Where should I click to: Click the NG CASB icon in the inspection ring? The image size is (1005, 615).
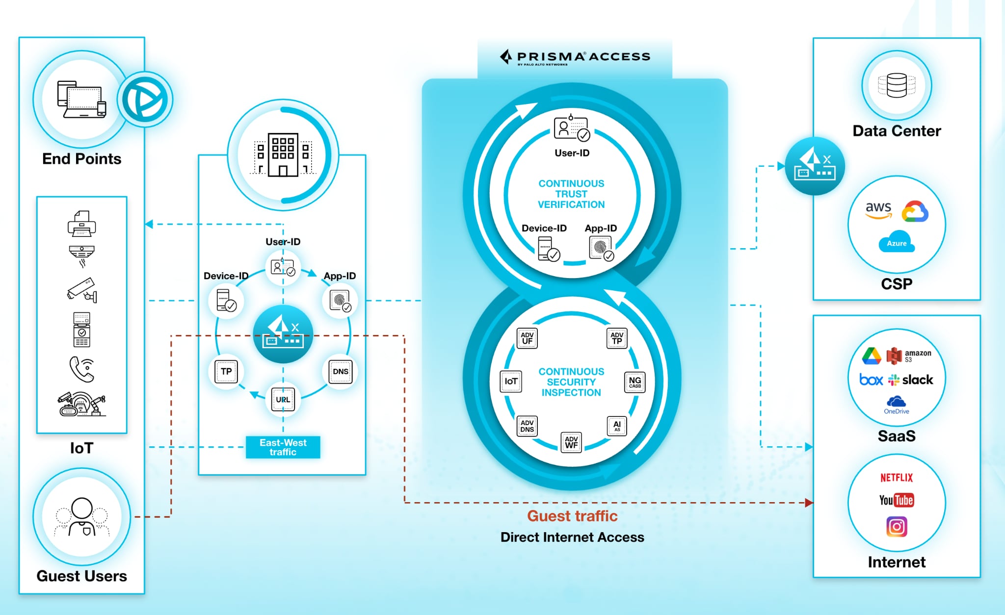(x=635, y=382)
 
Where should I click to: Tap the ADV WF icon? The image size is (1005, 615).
(x=571, y=442)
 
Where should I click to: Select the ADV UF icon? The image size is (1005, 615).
(x=527, y=338)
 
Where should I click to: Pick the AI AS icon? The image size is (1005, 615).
(x=617, y=426)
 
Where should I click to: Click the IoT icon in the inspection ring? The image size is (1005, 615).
(x=511, y=382)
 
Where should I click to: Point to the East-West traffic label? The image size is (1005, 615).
(x=283, y=447)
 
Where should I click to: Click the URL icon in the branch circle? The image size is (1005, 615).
(x=283, y=400)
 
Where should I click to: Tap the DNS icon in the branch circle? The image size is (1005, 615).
(x=341, y=372)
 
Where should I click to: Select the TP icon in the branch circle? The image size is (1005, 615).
(x=226, y=372)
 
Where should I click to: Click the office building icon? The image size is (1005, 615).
(x=283, y=154)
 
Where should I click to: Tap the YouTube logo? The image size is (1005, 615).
(x=896, y=500)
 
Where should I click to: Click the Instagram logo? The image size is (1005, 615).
(x=897, y=527)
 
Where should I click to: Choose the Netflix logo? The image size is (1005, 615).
(x=897, y=478)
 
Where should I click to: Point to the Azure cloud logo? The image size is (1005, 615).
(x=897, y=242)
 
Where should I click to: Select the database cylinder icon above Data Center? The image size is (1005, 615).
(x=897, y=85)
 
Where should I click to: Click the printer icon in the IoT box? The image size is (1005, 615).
(x=82, y=224)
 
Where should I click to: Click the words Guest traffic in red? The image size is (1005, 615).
(x=572, y=516)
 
